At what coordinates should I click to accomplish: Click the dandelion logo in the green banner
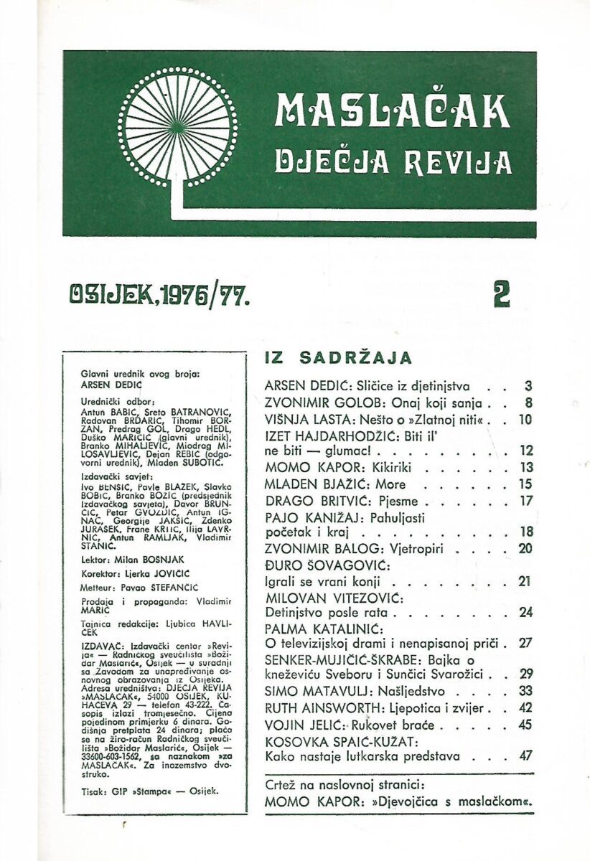pos(177,127)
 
